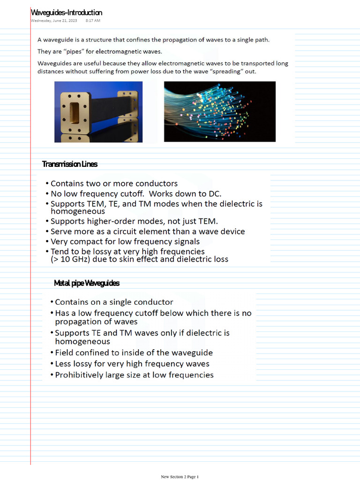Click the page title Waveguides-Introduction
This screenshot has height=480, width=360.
point(66,13)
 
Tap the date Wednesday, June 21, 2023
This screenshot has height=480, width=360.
point(54,21)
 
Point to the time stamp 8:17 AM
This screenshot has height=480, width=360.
point(93,21)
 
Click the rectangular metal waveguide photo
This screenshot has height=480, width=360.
point(98,112)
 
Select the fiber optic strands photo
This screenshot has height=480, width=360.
point(219,112)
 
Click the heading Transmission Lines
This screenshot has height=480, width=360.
point(70,164)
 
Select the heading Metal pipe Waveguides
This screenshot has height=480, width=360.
point(87,283)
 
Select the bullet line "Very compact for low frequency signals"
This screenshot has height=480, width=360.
point(125,241)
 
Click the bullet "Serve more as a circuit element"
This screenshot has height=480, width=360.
point(148,232)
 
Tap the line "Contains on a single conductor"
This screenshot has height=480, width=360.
point(114,302)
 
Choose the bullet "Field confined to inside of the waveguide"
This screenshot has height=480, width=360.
point(134,352)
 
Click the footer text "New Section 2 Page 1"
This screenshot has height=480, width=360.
point(180,477)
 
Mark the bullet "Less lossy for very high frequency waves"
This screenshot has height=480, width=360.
point(132,364)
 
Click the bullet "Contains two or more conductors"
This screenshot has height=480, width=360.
point(114,184)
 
